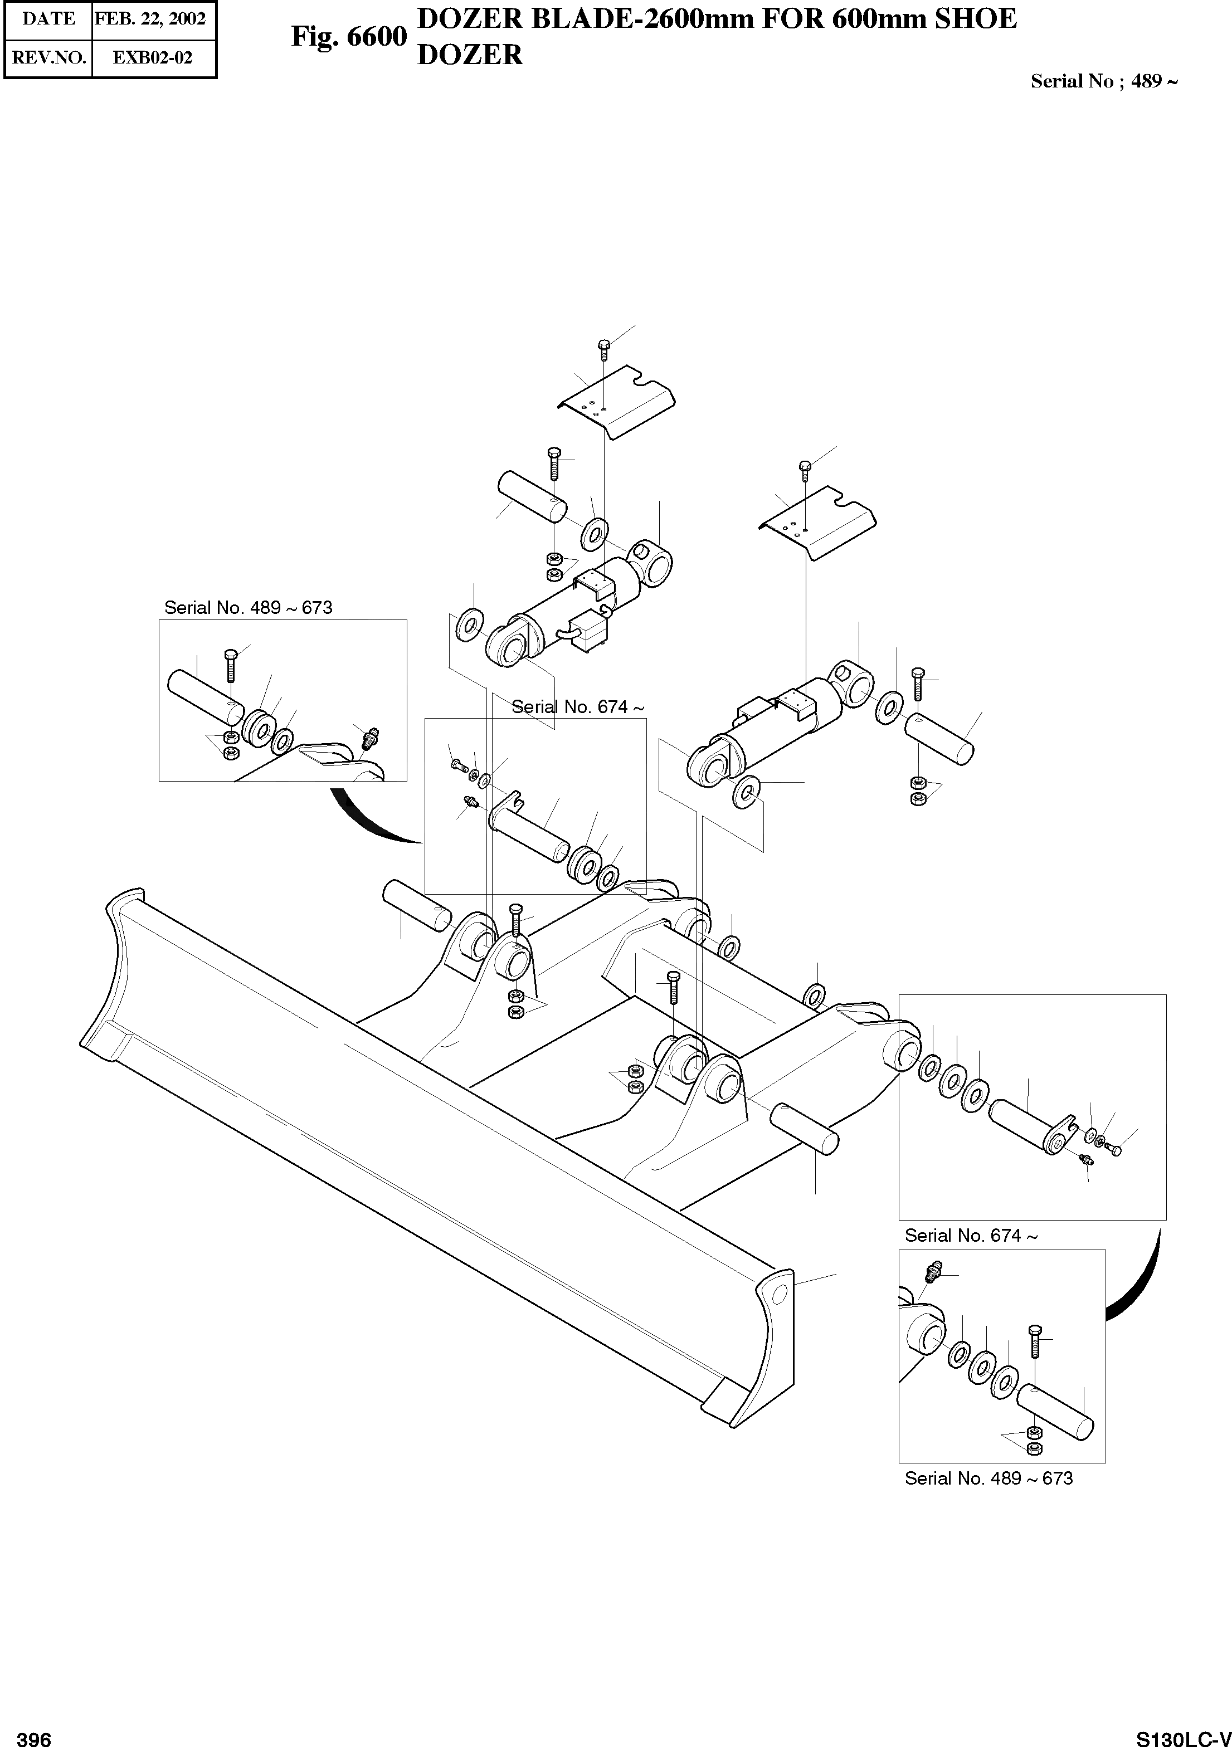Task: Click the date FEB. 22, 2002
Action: [x=150, y=18]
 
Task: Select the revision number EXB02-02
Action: [x=152, y=57]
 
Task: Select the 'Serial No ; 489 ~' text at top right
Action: [x=1103, y=81]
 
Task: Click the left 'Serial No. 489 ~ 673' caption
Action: [x=248, y=608]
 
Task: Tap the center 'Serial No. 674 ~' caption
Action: [x=578, y=707]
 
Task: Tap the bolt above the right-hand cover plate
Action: [x=805, y=470]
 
